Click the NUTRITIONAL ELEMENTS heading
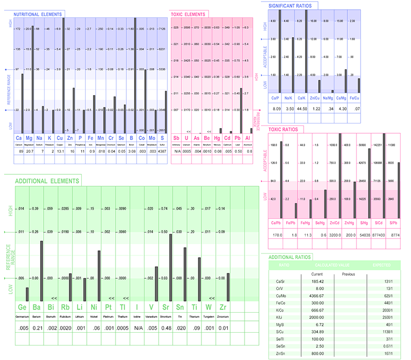point(39,14)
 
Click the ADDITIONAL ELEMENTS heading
point(47,181)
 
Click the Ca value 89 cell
point(19,152)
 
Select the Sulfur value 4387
point(162,152)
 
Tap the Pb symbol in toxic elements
point(238,138)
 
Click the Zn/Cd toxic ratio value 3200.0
point(334,235)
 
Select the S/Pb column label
point(394,223)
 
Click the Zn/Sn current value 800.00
point(316,354)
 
